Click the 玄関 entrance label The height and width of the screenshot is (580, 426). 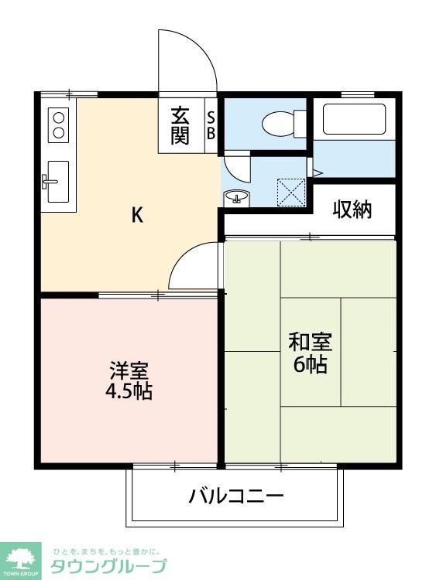point(180,125)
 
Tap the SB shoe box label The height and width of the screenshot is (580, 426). point(211,125)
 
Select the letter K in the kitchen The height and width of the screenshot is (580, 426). point(136,217)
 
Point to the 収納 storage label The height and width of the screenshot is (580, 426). point(352,209)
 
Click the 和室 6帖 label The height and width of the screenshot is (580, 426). point(310,353)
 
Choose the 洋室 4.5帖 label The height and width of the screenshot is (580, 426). point(129,380)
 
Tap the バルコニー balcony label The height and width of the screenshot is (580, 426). point(236,496)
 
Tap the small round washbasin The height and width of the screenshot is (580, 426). point(235,197)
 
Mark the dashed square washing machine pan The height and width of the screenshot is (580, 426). point(292,191)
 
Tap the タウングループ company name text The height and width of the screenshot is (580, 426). point(108,566)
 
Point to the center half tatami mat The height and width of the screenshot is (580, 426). point(310,352)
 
